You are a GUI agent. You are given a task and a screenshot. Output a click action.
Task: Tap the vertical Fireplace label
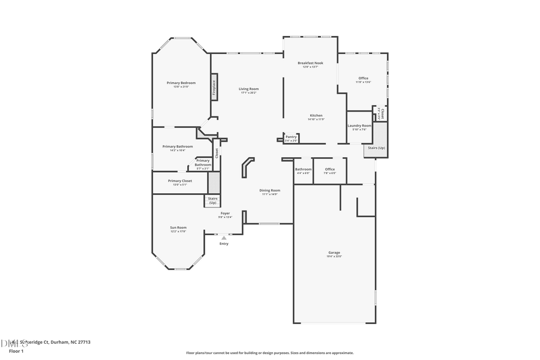click(214, 87)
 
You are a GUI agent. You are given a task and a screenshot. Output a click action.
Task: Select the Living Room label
click(248, 89)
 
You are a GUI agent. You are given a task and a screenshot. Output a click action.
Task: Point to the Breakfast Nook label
click(310, 63)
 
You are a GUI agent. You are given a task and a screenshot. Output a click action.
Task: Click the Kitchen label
click(316, 115)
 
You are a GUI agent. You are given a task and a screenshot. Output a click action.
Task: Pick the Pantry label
click(291, 137)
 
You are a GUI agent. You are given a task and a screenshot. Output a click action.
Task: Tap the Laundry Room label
click(359, 125)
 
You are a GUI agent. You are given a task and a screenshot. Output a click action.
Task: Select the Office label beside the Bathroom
click(329, 169)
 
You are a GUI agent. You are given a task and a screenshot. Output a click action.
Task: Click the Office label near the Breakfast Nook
click(363, 78)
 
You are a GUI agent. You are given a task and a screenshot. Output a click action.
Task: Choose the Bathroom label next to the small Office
click(303, 169)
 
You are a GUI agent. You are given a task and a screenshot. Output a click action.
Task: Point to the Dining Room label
click(269, 190)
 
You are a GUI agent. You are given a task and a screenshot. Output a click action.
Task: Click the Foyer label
click(225, 213)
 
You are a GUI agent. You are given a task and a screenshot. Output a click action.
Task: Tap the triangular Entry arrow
click(224, 238)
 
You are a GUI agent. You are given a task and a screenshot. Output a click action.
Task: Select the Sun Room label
click(178, 227)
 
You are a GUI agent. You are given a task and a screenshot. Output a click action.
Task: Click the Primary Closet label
click(179, 181)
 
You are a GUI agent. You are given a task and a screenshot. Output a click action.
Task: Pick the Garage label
click(334, 253)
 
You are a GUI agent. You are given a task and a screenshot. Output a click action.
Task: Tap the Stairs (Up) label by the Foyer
click(212, 200)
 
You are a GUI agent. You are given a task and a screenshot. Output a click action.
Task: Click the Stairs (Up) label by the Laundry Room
click(376, 148)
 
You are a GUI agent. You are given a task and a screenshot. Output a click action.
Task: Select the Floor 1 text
click(16, 351)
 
